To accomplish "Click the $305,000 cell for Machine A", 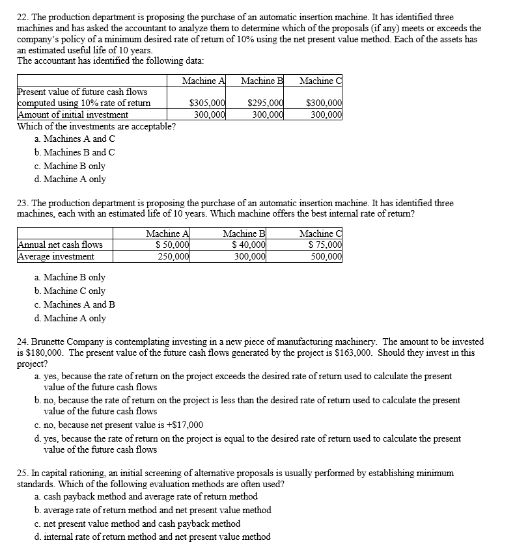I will [x=207, y=103].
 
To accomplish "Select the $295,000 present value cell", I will [x=266, y=103].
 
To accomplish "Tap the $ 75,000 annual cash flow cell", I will [x=325, y=245].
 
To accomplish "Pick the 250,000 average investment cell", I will [x=173, y=256].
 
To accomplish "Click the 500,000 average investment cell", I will [x=326, y=256].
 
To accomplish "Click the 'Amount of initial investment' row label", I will [x=72, y=114].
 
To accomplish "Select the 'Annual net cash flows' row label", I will [x=60, y=245].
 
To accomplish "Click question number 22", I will [x=22, y=16].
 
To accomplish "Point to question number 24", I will [x=22, y=341].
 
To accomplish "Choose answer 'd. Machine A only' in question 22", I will [x=70, y=179].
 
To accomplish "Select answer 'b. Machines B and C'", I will [x=74, y=152].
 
